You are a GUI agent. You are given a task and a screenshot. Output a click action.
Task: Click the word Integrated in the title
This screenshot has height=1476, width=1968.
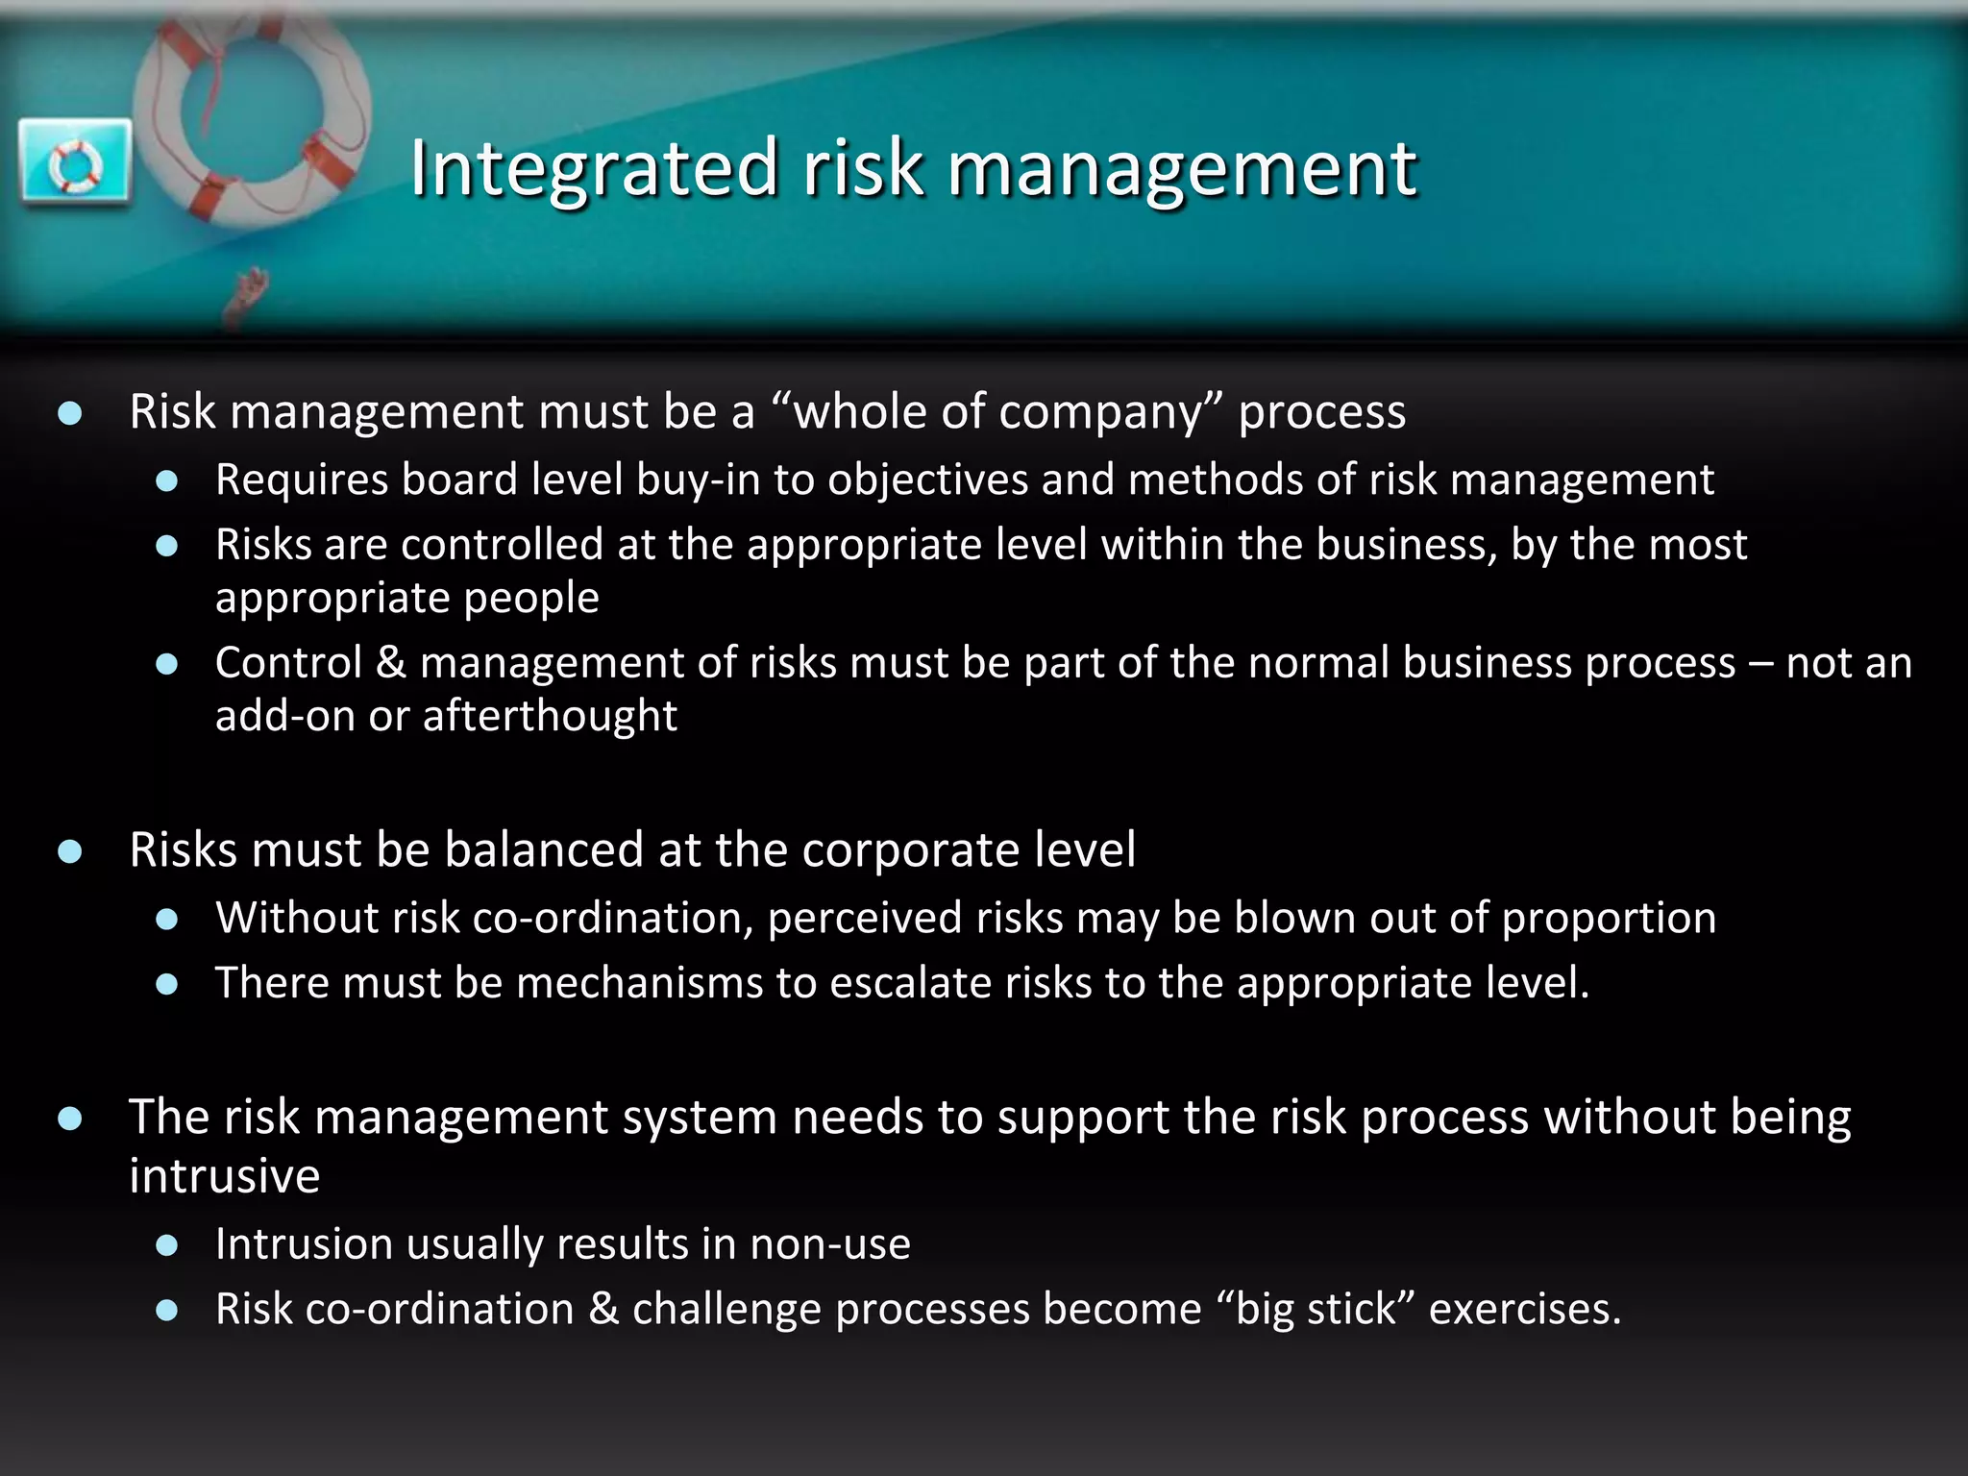click(593, 168)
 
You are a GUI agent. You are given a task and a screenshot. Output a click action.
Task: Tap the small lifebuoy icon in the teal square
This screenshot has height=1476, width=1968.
click(75, 163)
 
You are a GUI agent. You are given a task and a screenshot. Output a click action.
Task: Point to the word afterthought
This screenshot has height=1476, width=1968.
click(550, 716)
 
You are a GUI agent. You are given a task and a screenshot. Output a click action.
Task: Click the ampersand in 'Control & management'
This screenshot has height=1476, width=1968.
click(391, 663)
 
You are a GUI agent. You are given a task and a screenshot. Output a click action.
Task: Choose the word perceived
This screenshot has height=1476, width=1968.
click(866, 918)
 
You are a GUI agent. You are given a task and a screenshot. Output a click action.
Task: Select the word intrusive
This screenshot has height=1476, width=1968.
click(225, 1176)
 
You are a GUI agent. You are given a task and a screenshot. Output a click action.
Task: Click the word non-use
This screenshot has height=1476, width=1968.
click(830, 1244)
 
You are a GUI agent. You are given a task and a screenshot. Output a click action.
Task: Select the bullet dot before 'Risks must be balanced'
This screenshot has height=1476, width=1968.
click(69, 851)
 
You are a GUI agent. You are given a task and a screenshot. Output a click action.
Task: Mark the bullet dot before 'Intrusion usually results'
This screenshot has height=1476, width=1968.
click(167, 1245)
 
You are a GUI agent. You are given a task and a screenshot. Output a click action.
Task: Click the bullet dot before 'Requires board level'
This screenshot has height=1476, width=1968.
click(167, 480)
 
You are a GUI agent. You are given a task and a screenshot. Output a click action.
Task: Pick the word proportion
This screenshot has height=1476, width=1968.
click(1609, 918)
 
